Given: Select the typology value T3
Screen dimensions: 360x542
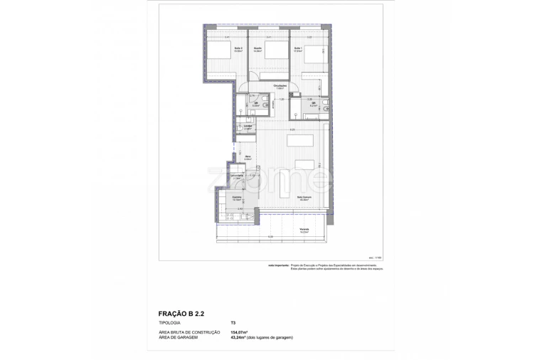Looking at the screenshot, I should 233,322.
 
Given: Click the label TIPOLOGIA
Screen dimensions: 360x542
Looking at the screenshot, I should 170,322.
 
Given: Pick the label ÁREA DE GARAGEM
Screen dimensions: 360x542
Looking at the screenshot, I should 179,337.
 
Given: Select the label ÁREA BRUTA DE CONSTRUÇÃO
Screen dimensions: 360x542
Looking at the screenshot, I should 189,332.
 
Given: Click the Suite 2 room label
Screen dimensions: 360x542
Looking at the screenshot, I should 238,49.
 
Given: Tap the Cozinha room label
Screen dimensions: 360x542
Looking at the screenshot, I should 236,198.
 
